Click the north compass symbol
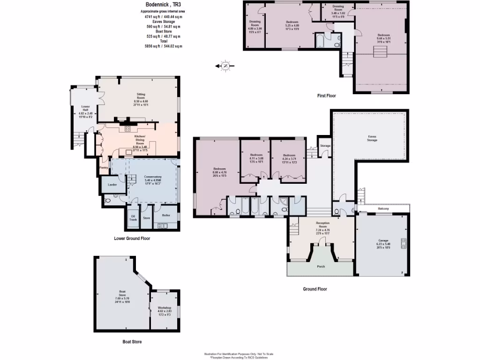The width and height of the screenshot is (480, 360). (225, 66)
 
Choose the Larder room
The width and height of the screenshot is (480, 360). (112, 185)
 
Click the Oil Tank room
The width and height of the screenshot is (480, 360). (133, 217)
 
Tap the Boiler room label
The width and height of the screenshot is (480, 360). (165, 216)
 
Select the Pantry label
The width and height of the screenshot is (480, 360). (104, 167)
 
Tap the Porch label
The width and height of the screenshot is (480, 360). (321, 266)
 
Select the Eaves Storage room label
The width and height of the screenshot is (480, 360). (372, 138)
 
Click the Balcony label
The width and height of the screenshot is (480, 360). (383, 209)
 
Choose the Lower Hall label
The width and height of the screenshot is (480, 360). (85, 107)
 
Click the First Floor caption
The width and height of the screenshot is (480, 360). (327, 96)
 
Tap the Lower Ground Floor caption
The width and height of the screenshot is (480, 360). (132, 238)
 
